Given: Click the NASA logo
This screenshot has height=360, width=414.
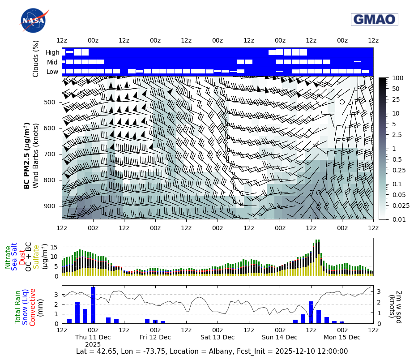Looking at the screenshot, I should [x=33, y=21].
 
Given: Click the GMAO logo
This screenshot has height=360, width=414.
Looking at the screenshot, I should [x=374, y=19].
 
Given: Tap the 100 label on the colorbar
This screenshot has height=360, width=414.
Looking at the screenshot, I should [x=397, y=78].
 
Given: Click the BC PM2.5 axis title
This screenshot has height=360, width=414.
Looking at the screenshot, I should [x=27, y=155].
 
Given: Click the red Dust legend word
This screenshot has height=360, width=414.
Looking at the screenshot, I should [x=21, y=257].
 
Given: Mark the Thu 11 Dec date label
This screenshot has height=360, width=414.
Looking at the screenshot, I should [x=93, y=337].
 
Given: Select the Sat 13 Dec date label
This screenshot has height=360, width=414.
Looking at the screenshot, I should [x=218, y=337].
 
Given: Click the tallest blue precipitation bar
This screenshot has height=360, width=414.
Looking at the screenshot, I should [x=93, y=305].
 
